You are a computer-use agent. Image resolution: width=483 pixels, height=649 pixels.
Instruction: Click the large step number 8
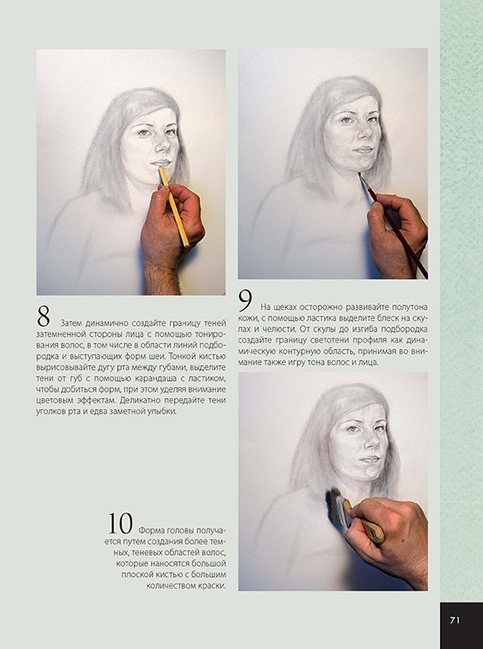click(x=43, y=316)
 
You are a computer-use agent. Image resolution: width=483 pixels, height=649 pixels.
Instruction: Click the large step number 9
click(x=245, y=300)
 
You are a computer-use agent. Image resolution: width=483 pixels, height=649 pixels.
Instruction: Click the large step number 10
click(x=120, y=523)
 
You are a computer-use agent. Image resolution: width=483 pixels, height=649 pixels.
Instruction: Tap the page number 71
click(x=454, y=620)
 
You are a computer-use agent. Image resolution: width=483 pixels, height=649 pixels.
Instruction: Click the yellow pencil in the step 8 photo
click(x=174, y=205)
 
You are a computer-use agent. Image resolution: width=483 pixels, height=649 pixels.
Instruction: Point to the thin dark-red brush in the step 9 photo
click(x=393, y=225)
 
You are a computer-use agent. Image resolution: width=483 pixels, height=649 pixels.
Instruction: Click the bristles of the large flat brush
click(x=334, y=505)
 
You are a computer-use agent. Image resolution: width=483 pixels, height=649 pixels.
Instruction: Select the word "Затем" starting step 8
click(x=71, y=323)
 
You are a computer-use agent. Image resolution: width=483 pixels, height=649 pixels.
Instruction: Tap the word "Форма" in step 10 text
click(x=150, y=530)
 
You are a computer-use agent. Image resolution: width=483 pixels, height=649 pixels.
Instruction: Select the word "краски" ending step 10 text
click(x=214, y=586)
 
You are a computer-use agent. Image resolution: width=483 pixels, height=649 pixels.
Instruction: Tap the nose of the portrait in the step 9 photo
click(x=364, y=131)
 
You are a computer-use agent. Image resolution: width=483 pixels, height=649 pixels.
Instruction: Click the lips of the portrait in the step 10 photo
click(x=369, y=459)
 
